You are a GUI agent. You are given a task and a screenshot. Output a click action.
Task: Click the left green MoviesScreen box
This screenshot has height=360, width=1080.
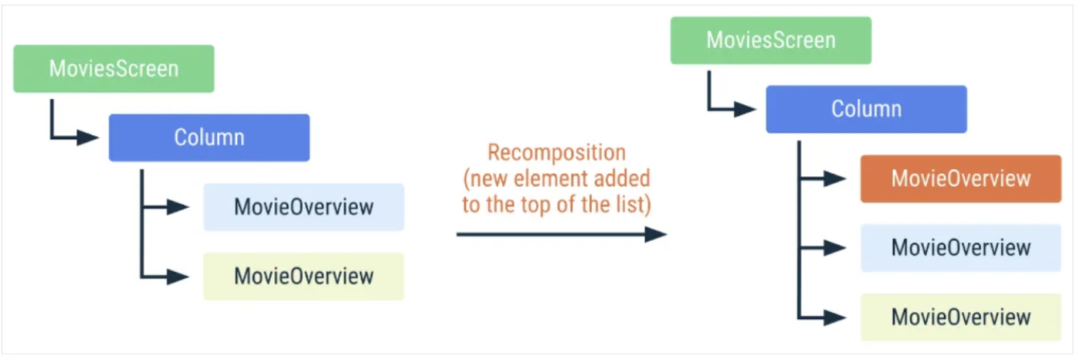click(114, 69)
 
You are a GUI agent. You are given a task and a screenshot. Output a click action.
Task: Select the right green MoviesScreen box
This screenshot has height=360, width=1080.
click(770, 40)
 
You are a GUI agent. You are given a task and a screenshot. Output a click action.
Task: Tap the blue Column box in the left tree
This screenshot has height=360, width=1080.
click(209, 138)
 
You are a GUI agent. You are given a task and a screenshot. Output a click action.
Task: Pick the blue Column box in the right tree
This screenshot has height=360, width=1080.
click(866, 109)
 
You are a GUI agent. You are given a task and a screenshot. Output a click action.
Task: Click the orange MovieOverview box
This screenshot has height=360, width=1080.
click(960, 178)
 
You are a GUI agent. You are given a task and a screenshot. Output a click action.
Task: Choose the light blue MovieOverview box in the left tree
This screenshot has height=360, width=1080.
click(304, 207)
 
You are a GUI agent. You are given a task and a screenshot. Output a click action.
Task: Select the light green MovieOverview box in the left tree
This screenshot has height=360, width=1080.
click(304, 276)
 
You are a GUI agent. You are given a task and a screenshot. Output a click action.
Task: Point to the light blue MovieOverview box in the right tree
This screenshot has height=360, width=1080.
click(960, 247)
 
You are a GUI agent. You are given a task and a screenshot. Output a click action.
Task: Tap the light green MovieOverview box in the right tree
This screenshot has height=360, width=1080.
click(960, 317)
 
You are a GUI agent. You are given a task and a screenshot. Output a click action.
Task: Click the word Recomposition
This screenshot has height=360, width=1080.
click(556, 151)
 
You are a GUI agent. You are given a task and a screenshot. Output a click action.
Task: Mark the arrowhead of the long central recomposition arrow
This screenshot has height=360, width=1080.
click(655, 233)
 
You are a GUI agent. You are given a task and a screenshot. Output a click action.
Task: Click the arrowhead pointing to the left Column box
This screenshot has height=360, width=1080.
click(88, 138)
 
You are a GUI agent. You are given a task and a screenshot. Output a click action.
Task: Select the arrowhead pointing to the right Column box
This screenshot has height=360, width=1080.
click(745, 109)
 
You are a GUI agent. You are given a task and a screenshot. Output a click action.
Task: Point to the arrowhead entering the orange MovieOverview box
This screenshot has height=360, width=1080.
click(835, 178)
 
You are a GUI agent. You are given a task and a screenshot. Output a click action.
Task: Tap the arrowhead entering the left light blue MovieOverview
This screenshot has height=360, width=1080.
click(178, 207)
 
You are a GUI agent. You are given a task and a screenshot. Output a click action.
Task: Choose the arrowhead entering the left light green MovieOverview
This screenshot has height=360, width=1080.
click(178, 276)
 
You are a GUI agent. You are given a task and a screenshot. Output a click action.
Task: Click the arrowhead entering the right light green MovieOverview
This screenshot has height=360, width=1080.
click(835, 317)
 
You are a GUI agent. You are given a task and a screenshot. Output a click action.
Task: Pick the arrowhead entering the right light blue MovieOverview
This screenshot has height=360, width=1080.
click(835, 247)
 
